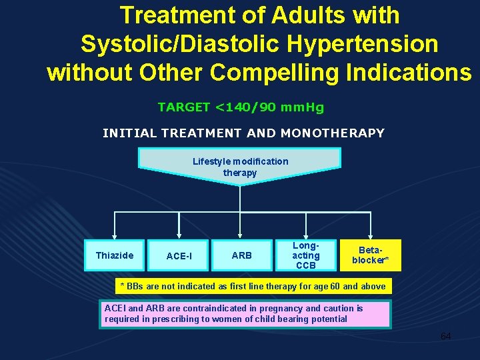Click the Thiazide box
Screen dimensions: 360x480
114,255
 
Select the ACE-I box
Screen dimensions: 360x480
179,256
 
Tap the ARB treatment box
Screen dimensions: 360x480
242,255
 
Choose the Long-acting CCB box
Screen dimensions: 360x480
306,255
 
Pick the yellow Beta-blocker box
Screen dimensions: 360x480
370,255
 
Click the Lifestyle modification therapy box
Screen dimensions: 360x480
240,167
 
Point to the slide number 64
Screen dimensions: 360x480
445,336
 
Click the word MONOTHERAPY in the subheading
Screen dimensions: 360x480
333,133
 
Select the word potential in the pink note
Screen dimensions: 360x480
327,319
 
